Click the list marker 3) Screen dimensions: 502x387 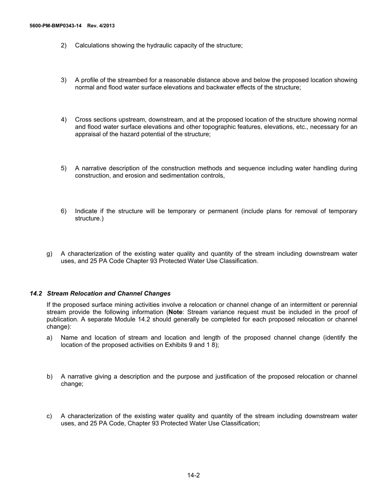64,80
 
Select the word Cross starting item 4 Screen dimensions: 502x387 84,120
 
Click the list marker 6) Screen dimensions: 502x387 64,211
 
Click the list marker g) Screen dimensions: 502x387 50,253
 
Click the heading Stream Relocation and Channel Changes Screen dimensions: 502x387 109,293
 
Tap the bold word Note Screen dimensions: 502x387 175,312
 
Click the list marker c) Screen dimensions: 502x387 50,416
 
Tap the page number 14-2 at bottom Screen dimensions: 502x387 193,475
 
